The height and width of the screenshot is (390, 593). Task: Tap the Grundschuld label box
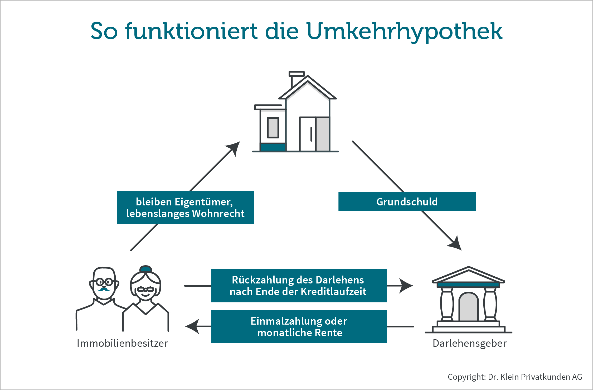(407, 202)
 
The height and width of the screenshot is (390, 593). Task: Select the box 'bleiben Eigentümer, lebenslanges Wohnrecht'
(185, 208)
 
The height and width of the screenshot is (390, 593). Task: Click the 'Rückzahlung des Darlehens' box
(299, 286)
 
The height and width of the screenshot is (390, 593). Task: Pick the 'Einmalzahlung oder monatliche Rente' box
(299, 327)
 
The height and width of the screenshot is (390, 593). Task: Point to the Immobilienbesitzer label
(122, 343)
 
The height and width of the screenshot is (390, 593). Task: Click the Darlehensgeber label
(469, 343)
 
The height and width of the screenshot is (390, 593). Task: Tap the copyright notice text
(515, 377)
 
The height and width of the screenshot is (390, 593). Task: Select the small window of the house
(273, 128)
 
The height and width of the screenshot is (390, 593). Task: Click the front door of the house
(308, 134)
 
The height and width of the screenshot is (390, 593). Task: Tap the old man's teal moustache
(104, 289)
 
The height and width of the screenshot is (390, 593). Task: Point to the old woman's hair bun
(145, 269)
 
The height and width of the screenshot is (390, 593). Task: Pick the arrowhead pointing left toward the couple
(193, 326)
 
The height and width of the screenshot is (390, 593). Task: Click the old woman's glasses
(145, 289)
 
